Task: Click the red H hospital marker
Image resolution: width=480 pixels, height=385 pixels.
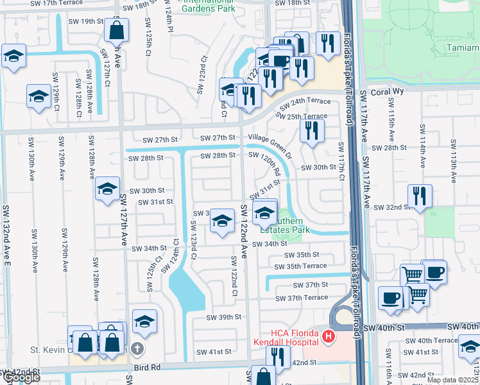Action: (x=329, y=336)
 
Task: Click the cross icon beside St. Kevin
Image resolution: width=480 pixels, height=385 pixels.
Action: (x=136, y=348)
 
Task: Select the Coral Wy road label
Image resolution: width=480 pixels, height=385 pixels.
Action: (x=388, y=92)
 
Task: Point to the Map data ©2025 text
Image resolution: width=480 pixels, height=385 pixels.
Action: (x=452, y=380)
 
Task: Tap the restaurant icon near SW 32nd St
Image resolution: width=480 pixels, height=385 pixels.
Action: (x=420, y=196)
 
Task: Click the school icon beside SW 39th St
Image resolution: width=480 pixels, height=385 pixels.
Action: (x=145, y=321)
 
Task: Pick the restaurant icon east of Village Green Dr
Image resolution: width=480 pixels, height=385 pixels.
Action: (x=312, y=132)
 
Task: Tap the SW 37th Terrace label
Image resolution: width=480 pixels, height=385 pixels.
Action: (x=301, y=298)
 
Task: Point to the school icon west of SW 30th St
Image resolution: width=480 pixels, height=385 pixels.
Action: (x=107, y=189)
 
